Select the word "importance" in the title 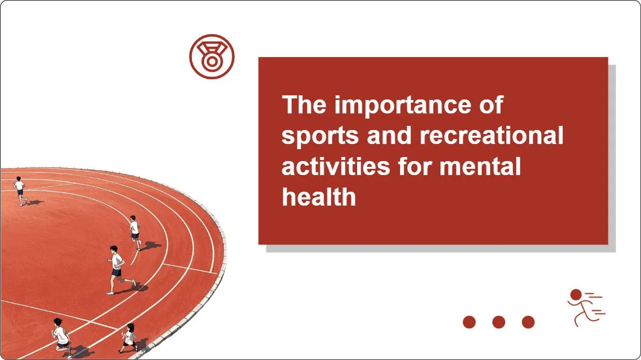coord(403,106)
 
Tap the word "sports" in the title coord(320,136)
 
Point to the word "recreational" coord(491,135)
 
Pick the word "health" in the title coord(319,196)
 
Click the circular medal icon coord(212,56)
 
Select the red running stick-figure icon coord(586,308)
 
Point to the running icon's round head coord(576,295)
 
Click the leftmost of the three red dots coord(469,322)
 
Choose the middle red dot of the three coord(498,322)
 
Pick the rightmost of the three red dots coord(528,322)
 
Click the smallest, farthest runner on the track coord(20,191)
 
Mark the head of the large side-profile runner coord(113,249)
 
